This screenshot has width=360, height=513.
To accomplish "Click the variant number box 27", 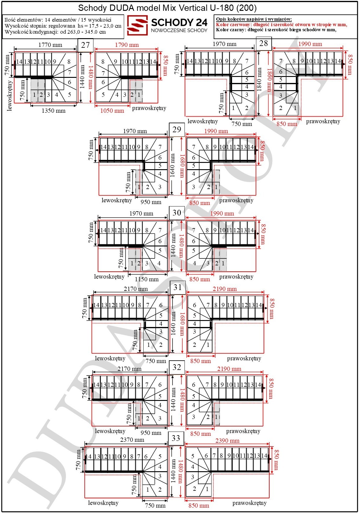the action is tap(85, 45).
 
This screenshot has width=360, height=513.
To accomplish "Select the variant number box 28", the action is tap(264, 43).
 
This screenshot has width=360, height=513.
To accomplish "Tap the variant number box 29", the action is tap(177, 130).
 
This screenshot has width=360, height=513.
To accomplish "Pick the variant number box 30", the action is tap(177, 213).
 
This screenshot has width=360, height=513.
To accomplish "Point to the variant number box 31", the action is tap(178, 287).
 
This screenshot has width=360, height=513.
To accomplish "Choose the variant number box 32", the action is tap(177, 367).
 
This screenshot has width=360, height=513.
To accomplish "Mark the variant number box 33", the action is tap(176, 438).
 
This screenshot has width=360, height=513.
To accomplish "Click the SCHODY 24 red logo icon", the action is tap(137, 25).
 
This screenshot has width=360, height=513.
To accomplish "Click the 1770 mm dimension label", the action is tap(50, 45).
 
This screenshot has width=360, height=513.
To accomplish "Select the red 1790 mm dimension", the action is tap(127, 45).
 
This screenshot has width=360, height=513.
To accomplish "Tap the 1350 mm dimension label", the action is tap(53, 111).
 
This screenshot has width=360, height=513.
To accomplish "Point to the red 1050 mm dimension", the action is tap(112, 111).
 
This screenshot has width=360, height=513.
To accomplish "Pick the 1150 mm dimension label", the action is tap(147, 279).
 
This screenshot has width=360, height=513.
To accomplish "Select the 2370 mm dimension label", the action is tap(132, 440).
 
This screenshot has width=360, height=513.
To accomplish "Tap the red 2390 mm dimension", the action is tap(227, 441).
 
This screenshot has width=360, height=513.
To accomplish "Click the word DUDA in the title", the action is tap(122, 8).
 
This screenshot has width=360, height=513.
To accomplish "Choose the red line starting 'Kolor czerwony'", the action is tap(282, 25).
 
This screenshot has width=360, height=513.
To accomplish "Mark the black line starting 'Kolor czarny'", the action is tap(276, 30).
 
